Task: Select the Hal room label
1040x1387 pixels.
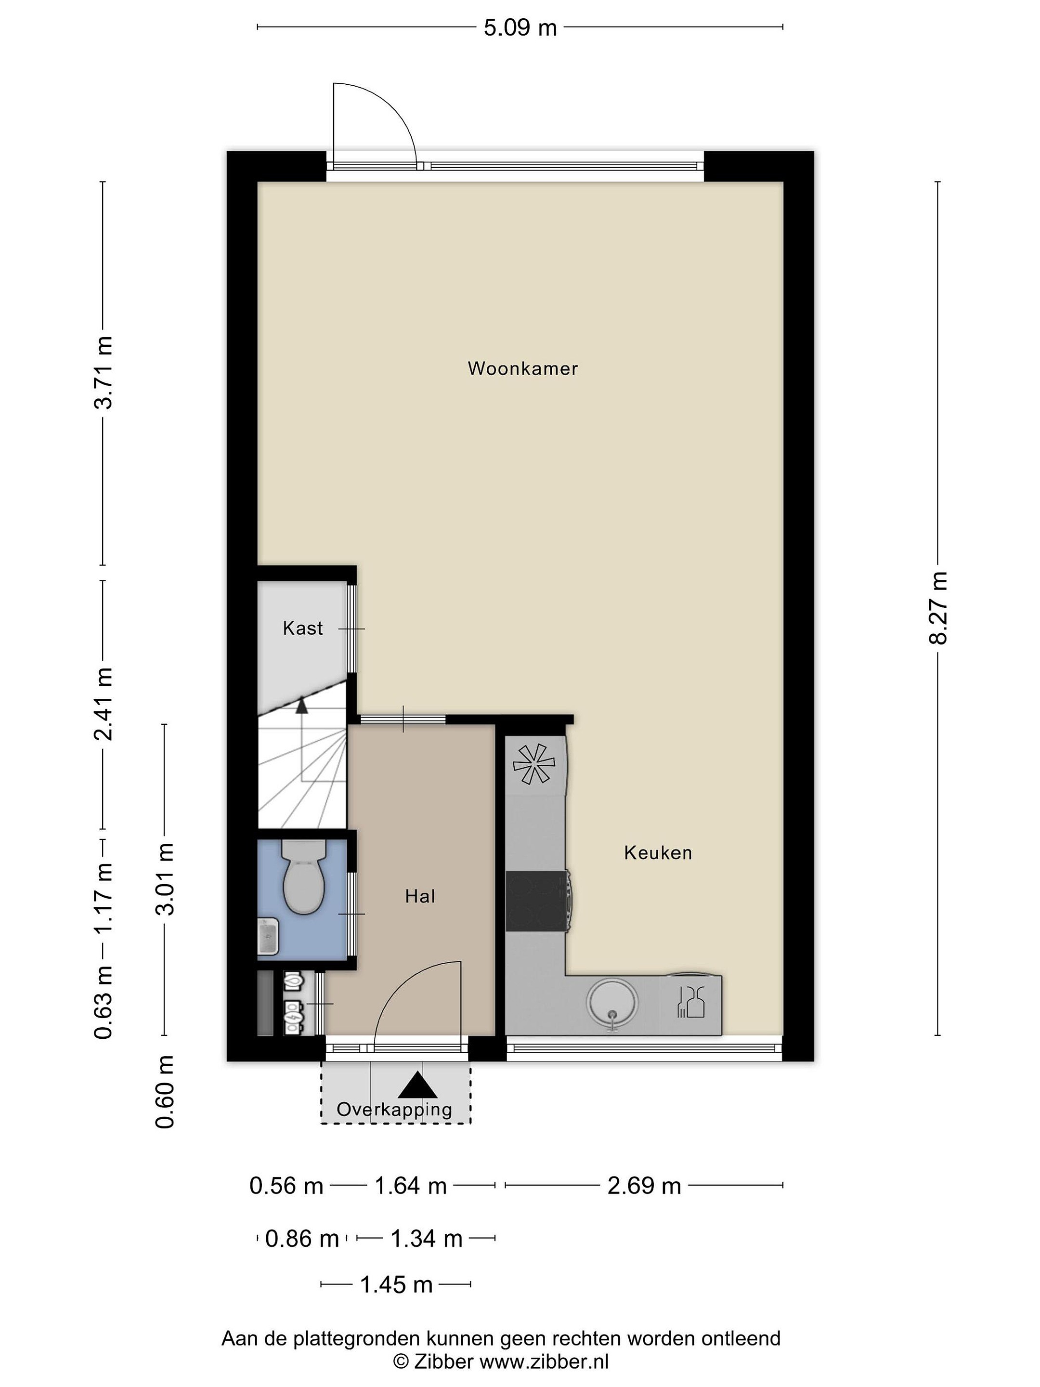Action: coord(419,896)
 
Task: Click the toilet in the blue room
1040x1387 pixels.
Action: coord(304,877)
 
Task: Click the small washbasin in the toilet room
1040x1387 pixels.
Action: coord(268,936)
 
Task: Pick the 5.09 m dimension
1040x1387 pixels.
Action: coord(520,27)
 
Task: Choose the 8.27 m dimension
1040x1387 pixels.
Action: coord(938,608)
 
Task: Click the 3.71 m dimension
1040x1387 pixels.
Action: coord(104,372)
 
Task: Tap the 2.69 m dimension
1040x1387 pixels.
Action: coord(644,1186)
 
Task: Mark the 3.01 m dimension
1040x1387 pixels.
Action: coord(165,879)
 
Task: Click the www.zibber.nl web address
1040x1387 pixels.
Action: coord(544,1361)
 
